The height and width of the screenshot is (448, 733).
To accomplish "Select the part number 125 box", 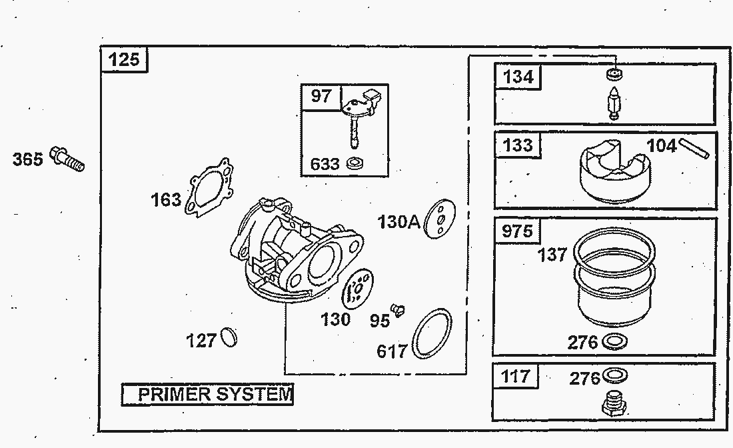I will pyautogui.click(x=125, y=59).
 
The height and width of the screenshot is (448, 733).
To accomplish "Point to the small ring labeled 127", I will pyautogui.click(x=229, y=337).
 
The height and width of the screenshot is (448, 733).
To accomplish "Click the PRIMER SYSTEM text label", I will pyautogui.click(x=207, y=395).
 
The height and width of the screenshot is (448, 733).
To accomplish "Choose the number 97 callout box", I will pyautogui.click(x=321, y=96).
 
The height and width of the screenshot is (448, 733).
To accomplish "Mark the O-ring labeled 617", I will pyautogui.click(x=431, y=333).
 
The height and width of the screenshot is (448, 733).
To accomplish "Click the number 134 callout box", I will pyautogui.click(x=518, y=77).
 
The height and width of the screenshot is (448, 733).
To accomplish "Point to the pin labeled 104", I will pyautogui.click(x=695, y=149).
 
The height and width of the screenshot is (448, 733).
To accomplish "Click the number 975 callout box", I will pyautogui.click(x=517, y=231).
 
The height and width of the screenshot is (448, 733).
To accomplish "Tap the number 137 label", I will pyautogui.click(x=552, y=254).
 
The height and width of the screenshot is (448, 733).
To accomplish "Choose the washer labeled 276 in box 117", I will pyautogui.click(x=614, y=377).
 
